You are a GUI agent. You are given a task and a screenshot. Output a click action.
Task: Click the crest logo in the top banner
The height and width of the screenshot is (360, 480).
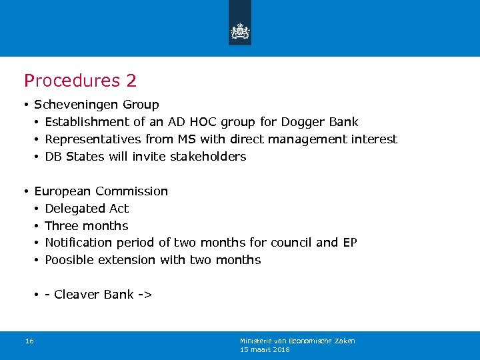point(240,31)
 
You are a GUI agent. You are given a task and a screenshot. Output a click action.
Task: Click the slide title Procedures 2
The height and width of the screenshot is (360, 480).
point(80,81)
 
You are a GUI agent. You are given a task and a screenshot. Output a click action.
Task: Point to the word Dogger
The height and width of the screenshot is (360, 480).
point(304,122)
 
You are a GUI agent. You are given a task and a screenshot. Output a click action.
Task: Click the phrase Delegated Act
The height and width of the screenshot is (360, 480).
point(87,209)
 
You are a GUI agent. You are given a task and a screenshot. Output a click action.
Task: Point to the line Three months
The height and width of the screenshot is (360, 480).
point(86,226)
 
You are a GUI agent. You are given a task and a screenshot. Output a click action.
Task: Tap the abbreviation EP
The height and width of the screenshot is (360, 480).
point(349,243)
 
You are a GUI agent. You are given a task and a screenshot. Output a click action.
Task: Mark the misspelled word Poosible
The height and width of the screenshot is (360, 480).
point(69,260)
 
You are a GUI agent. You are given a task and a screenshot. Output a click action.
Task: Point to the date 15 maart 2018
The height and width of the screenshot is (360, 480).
point(265,349)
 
